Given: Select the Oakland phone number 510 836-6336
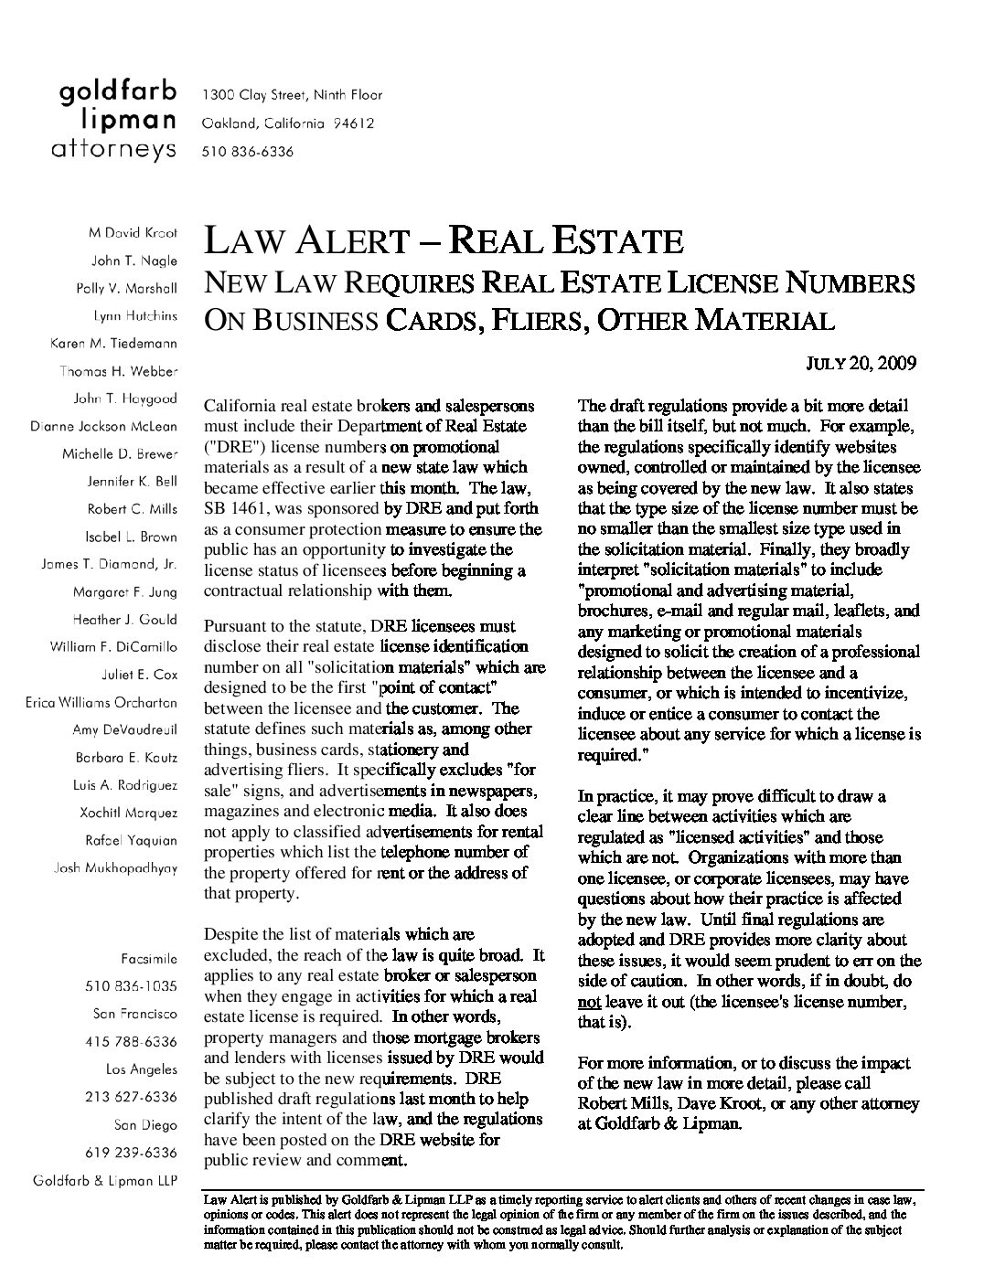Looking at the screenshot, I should (x=248, y=152).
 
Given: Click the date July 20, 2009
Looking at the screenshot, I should (x=861, y=363).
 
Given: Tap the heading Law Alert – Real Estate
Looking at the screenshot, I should (x=444, y=240).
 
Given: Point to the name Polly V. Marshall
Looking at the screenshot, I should (x=126, y=288).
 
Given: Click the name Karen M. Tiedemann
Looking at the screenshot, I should (x=113, y=344).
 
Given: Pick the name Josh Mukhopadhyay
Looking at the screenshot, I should (x=117, y=867).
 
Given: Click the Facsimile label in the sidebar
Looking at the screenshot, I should (x=149, y=959).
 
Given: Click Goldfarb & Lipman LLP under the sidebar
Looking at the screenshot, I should (x=105, y=1179).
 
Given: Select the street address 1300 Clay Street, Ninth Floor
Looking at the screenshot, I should (x=292, y=95).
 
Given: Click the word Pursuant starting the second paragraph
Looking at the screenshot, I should (x=237, y=626).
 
